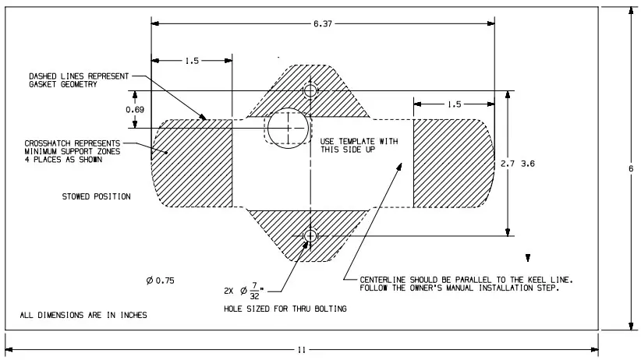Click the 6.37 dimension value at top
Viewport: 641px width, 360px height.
[322, 24]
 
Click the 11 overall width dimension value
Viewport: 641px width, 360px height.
[301, 350]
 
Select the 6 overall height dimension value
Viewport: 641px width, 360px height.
[630, 169]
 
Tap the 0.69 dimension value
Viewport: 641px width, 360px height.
[135, 110]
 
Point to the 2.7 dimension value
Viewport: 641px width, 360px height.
[507, 164]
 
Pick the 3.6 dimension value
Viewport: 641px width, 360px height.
[528, 164]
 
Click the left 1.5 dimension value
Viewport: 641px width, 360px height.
[193, 61]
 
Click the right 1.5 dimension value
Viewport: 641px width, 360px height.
[453, 104]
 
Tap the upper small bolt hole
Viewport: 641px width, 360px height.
[310, 91]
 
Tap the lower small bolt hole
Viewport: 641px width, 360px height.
[310, 235]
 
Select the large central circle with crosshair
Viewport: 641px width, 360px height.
[288, 126]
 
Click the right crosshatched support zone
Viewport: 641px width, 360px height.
[451, 164]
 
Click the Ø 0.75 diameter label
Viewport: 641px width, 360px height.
[160, 281]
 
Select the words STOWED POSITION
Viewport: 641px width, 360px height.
[97, 196]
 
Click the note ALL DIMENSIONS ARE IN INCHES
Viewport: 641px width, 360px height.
[83, 316]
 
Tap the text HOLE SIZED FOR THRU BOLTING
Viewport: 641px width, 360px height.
[285, 309]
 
